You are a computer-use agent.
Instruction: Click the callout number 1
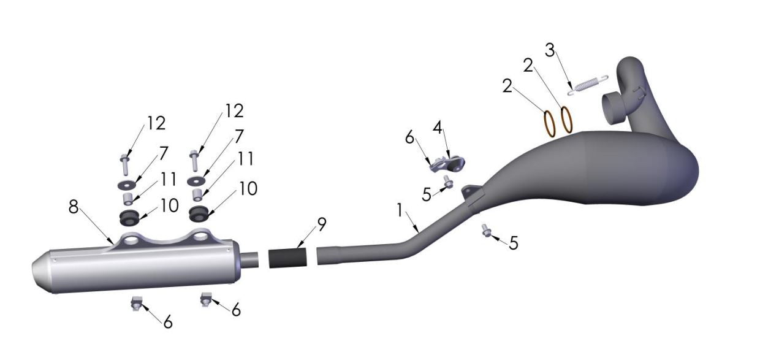tap(400, 210)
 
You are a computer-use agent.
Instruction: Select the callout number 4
tap(437, 129)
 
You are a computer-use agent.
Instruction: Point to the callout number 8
tap(74, 207)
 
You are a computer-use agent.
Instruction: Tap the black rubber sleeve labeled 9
tap(287, 258)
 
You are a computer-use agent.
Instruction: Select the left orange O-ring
tap(550, 122)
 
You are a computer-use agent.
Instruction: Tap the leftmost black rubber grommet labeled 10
tap(127, 217)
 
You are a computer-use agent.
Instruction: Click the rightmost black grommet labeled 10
tap(199, 214)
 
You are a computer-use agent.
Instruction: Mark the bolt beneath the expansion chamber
tap(486, 231)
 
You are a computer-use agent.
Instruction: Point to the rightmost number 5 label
tap(513, 243)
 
